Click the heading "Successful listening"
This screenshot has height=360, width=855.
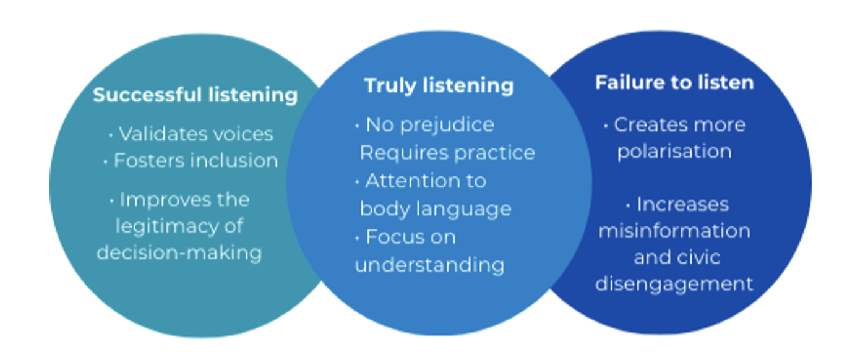point(195,95)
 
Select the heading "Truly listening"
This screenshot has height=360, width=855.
point(439,85)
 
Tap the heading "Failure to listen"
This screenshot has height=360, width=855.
point(674,83)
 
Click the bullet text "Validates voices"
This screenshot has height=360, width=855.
point(195,134)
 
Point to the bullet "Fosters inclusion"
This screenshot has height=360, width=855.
point(195,161)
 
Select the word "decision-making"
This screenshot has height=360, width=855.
point(179,252)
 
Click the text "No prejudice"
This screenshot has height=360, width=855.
point(430,125)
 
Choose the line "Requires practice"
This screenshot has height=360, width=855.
point(447,153)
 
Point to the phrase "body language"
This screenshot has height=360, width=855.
point(436,209)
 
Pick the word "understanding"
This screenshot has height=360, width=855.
point(429,265)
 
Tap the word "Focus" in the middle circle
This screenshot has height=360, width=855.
point(391,237)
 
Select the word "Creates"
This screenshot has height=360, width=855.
point(646,125)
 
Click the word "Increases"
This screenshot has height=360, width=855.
point(683,205)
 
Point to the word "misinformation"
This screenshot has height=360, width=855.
point(674,231)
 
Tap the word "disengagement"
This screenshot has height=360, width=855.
point(674,284)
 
